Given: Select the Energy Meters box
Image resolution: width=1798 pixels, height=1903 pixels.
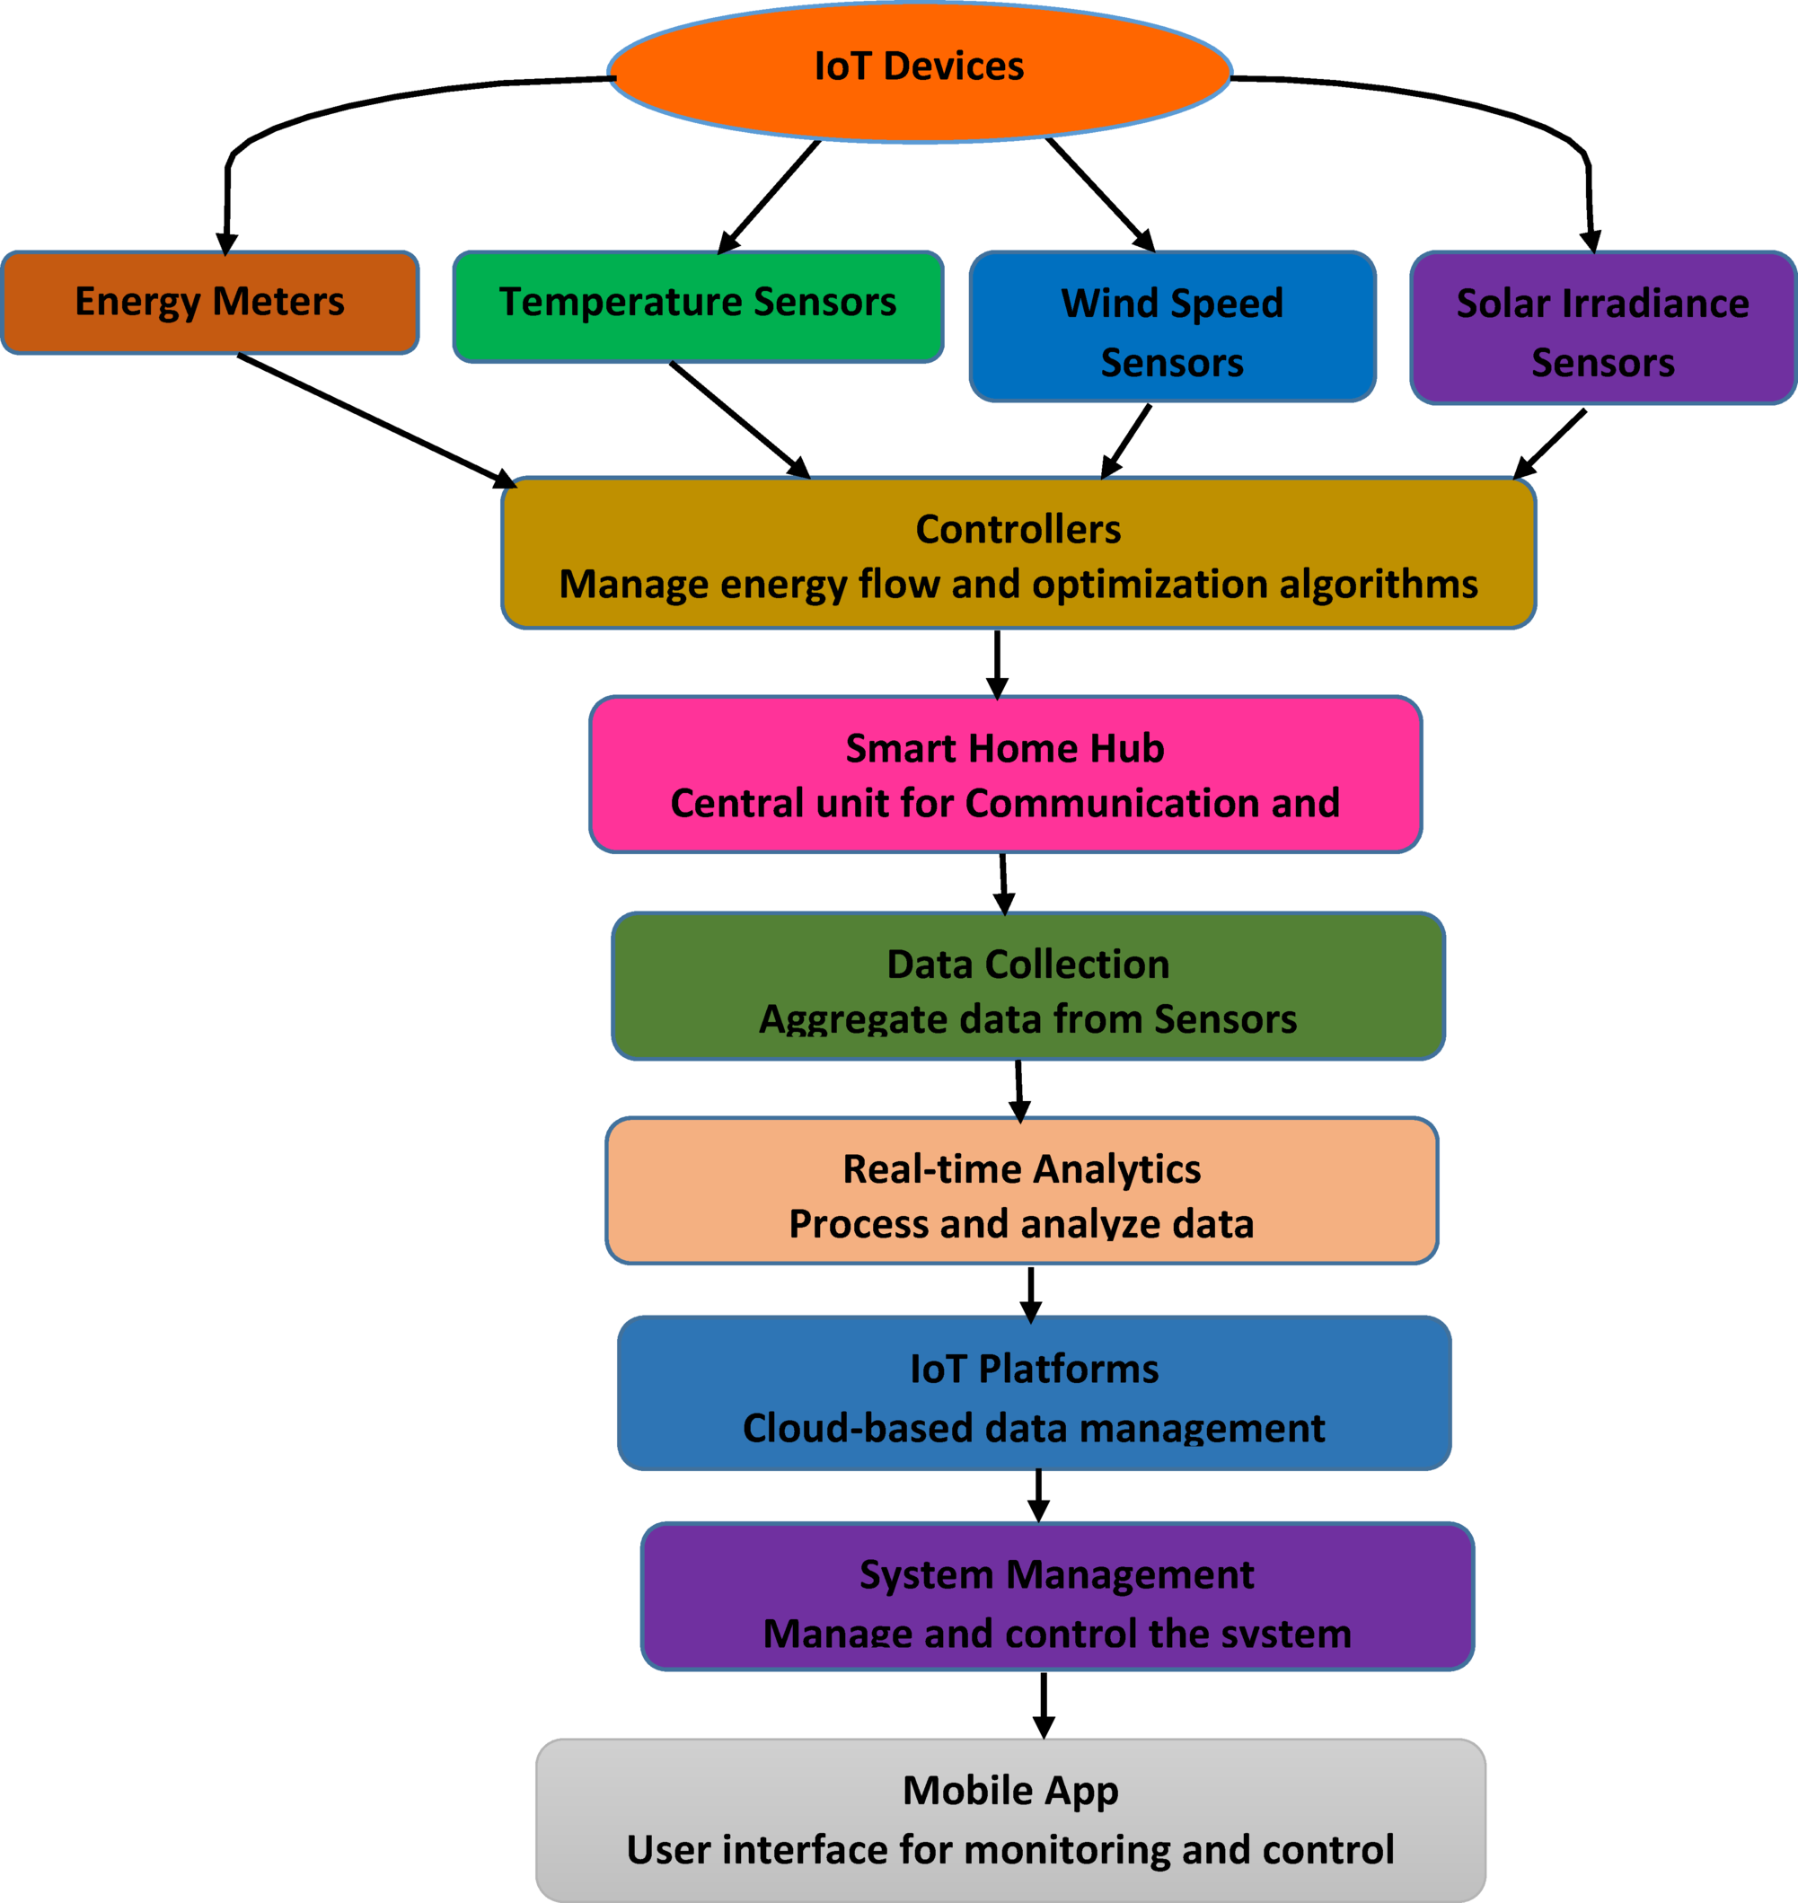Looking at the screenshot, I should [x=209, y=303].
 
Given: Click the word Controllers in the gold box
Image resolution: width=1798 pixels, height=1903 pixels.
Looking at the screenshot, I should [x=1018, y=530].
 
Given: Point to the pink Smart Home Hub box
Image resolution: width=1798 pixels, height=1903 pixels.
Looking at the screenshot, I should [x=1004, y=775].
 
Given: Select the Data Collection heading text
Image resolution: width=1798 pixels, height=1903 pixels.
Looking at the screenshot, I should [x=1027, y=965].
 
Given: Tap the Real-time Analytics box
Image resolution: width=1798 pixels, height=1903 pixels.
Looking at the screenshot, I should [x=1022, y=1191].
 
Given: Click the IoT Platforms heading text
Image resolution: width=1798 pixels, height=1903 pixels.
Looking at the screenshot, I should [x=1034, y=1370].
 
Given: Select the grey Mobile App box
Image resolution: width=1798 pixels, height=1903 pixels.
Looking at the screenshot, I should [x=1010, y=1819].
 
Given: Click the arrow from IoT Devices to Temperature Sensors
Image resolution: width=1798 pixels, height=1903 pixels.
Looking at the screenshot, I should [x=769, y=197].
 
